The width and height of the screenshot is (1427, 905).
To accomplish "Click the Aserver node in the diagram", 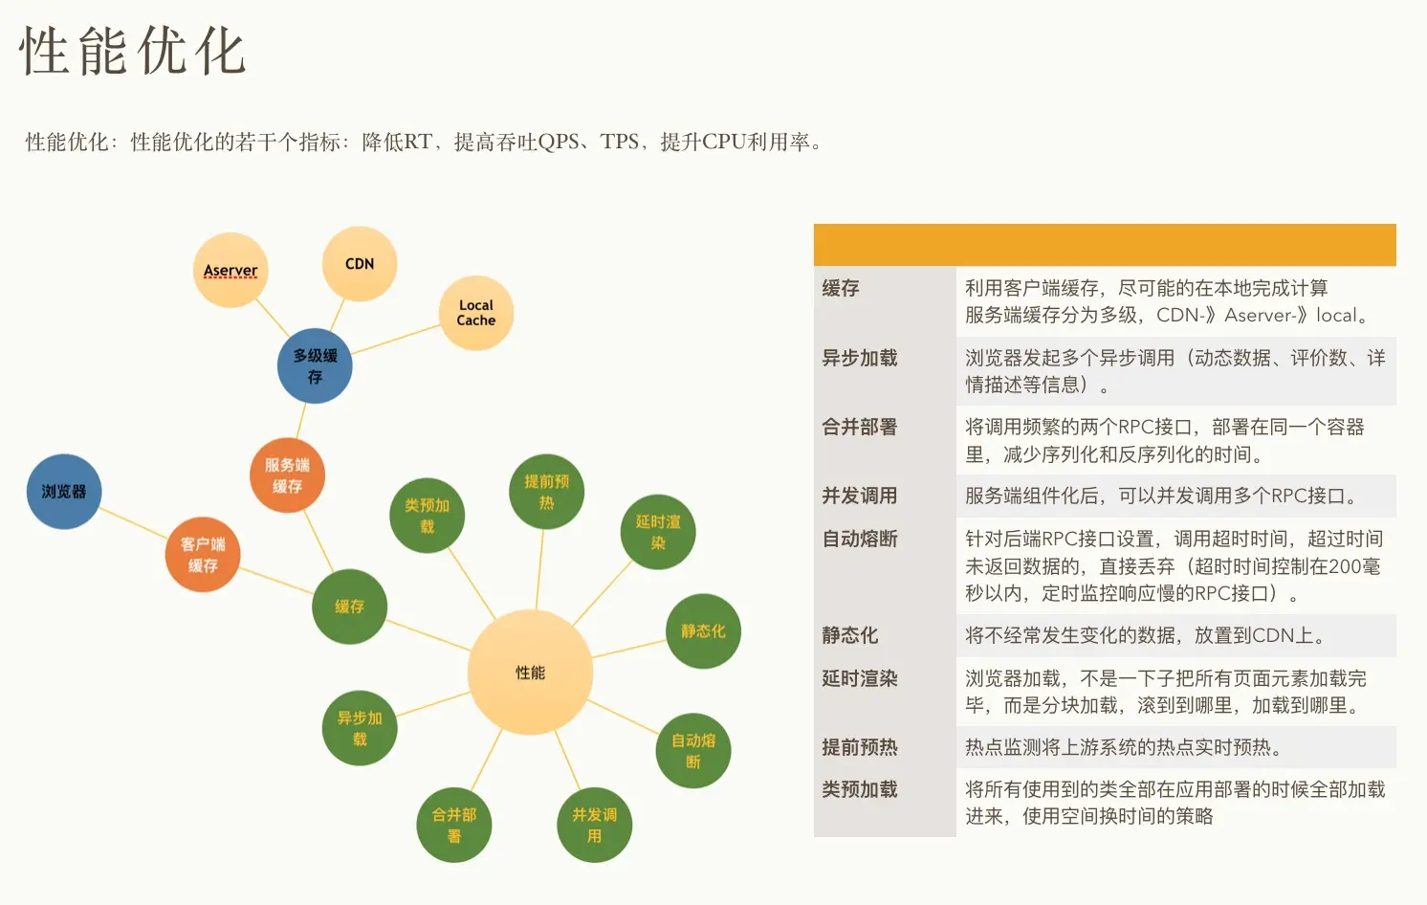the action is coord(231,270).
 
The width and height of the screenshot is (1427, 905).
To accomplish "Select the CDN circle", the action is coord(360,264).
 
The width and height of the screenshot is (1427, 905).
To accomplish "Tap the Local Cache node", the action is coord(475,313).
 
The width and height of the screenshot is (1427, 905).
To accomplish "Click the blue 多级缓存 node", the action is coord(315,365).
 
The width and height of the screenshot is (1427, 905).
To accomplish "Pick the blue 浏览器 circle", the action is coord(64,492).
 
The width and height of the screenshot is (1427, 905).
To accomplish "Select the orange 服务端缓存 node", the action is coord(287,475).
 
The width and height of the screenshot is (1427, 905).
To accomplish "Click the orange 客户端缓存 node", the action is coord(202,555).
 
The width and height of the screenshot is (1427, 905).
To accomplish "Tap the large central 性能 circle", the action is coord(530,673).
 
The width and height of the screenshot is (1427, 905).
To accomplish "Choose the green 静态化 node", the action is coord(703,631).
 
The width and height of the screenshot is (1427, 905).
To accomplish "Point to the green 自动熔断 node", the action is coord(693,751).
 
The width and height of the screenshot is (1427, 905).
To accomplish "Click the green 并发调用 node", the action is coord(594,825).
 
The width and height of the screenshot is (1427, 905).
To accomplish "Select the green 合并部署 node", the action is coord(454,825).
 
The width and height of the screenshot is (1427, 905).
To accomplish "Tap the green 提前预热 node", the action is coord(546,492).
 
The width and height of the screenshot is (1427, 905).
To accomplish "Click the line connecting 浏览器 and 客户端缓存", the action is coord(134,523).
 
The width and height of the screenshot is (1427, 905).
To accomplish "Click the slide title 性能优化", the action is coord(133,52).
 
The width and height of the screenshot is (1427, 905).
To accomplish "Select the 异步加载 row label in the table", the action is coord(860,359).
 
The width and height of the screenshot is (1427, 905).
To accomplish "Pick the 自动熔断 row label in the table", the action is coord(860,540).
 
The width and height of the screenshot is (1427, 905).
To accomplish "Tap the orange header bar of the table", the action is coord(1105,245).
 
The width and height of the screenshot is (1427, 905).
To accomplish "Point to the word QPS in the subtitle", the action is coord(559,143).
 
